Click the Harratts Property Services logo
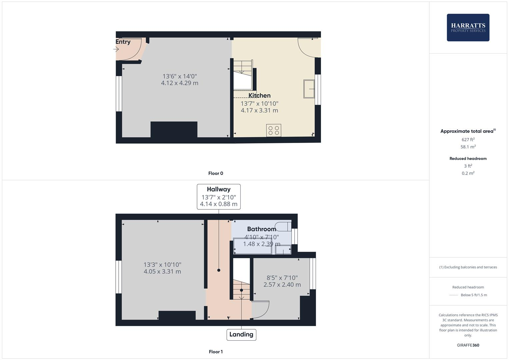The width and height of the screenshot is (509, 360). [468, 27]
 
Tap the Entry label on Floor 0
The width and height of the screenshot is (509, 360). [123, 42]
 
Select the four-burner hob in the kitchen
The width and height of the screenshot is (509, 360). [274, 130]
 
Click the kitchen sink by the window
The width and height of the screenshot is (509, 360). [309, 89]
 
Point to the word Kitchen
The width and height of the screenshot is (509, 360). [260, 96]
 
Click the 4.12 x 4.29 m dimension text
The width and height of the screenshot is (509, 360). [180, 83]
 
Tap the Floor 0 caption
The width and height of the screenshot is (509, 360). [216, 173]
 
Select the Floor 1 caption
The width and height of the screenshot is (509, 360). [216, 352]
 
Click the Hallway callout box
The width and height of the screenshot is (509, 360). [219, 197]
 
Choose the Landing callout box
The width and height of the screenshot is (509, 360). [241, 334]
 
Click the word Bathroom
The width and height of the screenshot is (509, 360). [262, 229]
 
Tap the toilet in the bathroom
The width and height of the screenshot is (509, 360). [284, 226]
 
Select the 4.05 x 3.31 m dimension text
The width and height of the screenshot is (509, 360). [162, 272]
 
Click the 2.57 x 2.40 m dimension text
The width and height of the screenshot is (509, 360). [282, 285]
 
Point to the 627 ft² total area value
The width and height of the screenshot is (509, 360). [468, 140]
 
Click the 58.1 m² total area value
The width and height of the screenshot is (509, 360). [468, 147]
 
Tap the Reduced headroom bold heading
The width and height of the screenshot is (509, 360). [468, 159]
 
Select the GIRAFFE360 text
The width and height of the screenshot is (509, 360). [468, 345]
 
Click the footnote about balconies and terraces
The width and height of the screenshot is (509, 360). [468, 267]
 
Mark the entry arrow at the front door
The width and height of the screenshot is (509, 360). [116, 49]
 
